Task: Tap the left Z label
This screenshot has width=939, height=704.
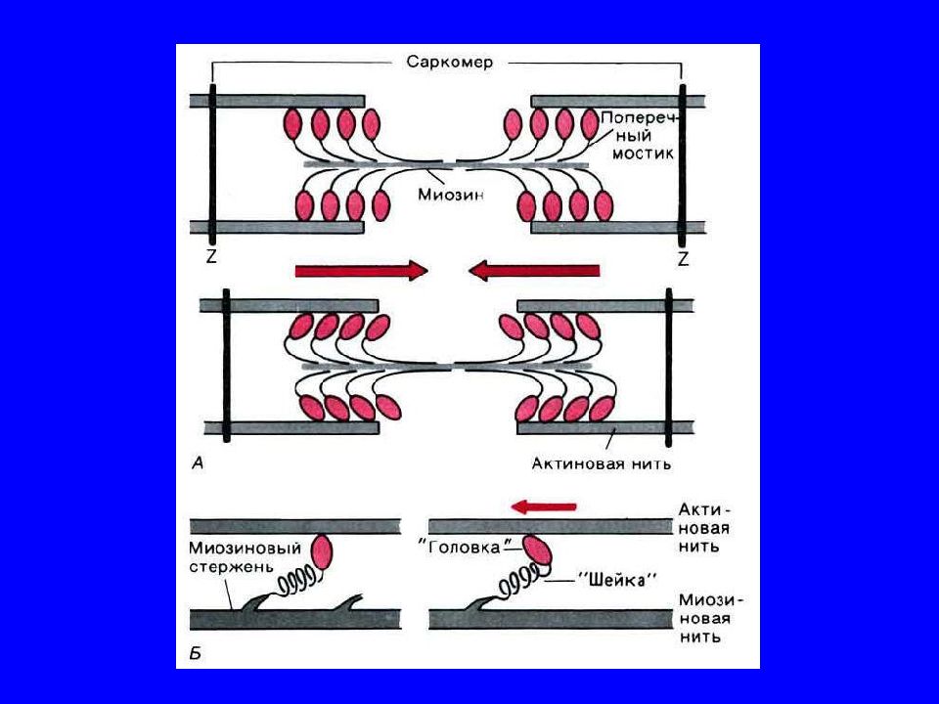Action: [212, 258]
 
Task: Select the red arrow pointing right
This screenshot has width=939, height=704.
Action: [361, 269]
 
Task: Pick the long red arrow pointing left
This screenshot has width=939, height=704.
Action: [533, 269]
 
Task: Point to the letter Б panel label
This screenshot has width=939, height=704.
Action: [195, 651]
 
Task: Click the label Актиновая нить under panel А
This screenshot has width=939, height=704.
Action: [602, 462]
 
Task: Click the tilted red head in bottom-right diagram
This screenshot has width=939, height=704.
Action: [537, 552]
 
